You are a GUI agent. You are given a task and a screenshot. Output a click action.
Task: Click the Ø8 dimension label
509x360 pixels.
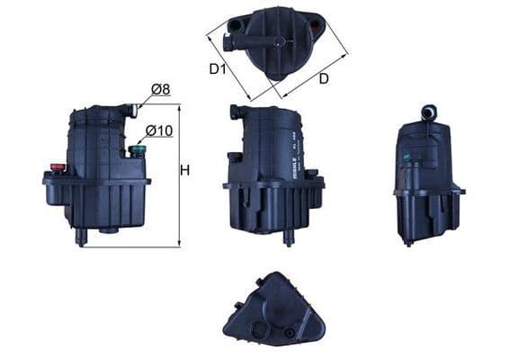click(162, 89)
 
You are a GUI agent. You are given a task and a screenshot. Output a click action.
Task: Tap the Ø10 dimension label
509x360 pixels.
click(158, 131)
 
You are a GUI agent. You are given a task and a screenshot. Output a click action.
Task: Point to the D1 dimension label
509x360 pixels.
click(218, 67)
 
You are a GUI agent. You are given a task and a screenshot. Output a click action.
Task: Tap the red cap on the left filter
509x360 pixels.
click(58, 166)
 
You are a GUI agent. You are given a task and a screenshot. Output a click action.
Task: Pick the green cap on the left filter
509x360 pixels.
click(138, 149)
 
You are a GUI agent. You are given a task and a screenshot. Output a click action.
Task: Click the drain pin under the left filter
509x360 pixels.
click(82, 236)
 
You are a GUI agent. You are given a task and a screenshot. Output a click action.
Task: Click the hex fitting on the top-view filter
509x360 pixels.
click(227, 25)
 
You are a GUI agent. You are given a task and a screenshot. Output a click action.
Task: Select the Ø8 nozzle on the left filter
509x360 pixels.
click(133, 110)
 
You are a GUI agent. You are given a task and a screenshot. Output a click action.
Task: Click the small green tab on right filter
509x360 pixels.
click(406, 160)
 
